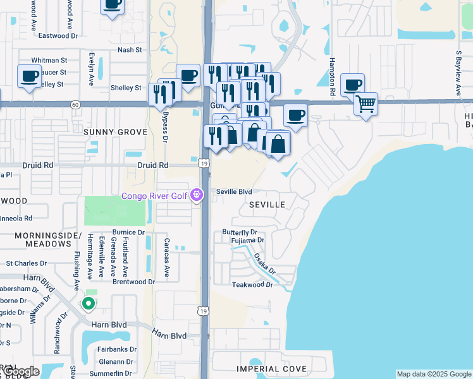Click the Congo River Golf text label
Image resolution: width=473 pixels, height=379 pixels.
point(154,196)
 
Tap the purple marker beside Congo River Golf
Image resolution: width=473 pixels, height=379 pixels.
point(197,196)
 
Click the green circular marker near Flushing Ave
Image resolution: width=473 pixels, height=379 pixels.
point(89,304)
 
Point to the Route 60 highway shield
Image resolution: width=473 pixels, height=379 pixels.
point(75,104)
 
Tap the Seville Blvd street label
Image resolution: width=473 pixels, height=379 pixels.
point(234,191)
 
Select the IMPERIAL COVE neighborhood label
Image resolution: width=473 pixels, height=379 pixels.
point(271,368)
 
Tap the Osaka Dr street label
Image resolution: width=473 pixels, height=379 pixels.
point(265,263)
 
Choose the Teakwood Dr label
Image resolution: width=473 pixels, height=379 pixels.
point(252,284)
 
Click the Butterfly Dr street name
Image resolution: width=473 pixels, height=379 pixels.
point(240,232)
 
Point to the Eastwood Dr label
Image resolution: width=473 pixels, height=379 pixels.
point(58,36)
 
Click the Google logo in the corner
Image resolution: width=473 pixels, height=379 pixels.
point(21,371)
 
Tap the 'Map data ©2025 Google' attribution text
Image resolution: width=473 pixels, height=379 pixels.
point(434,374)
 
